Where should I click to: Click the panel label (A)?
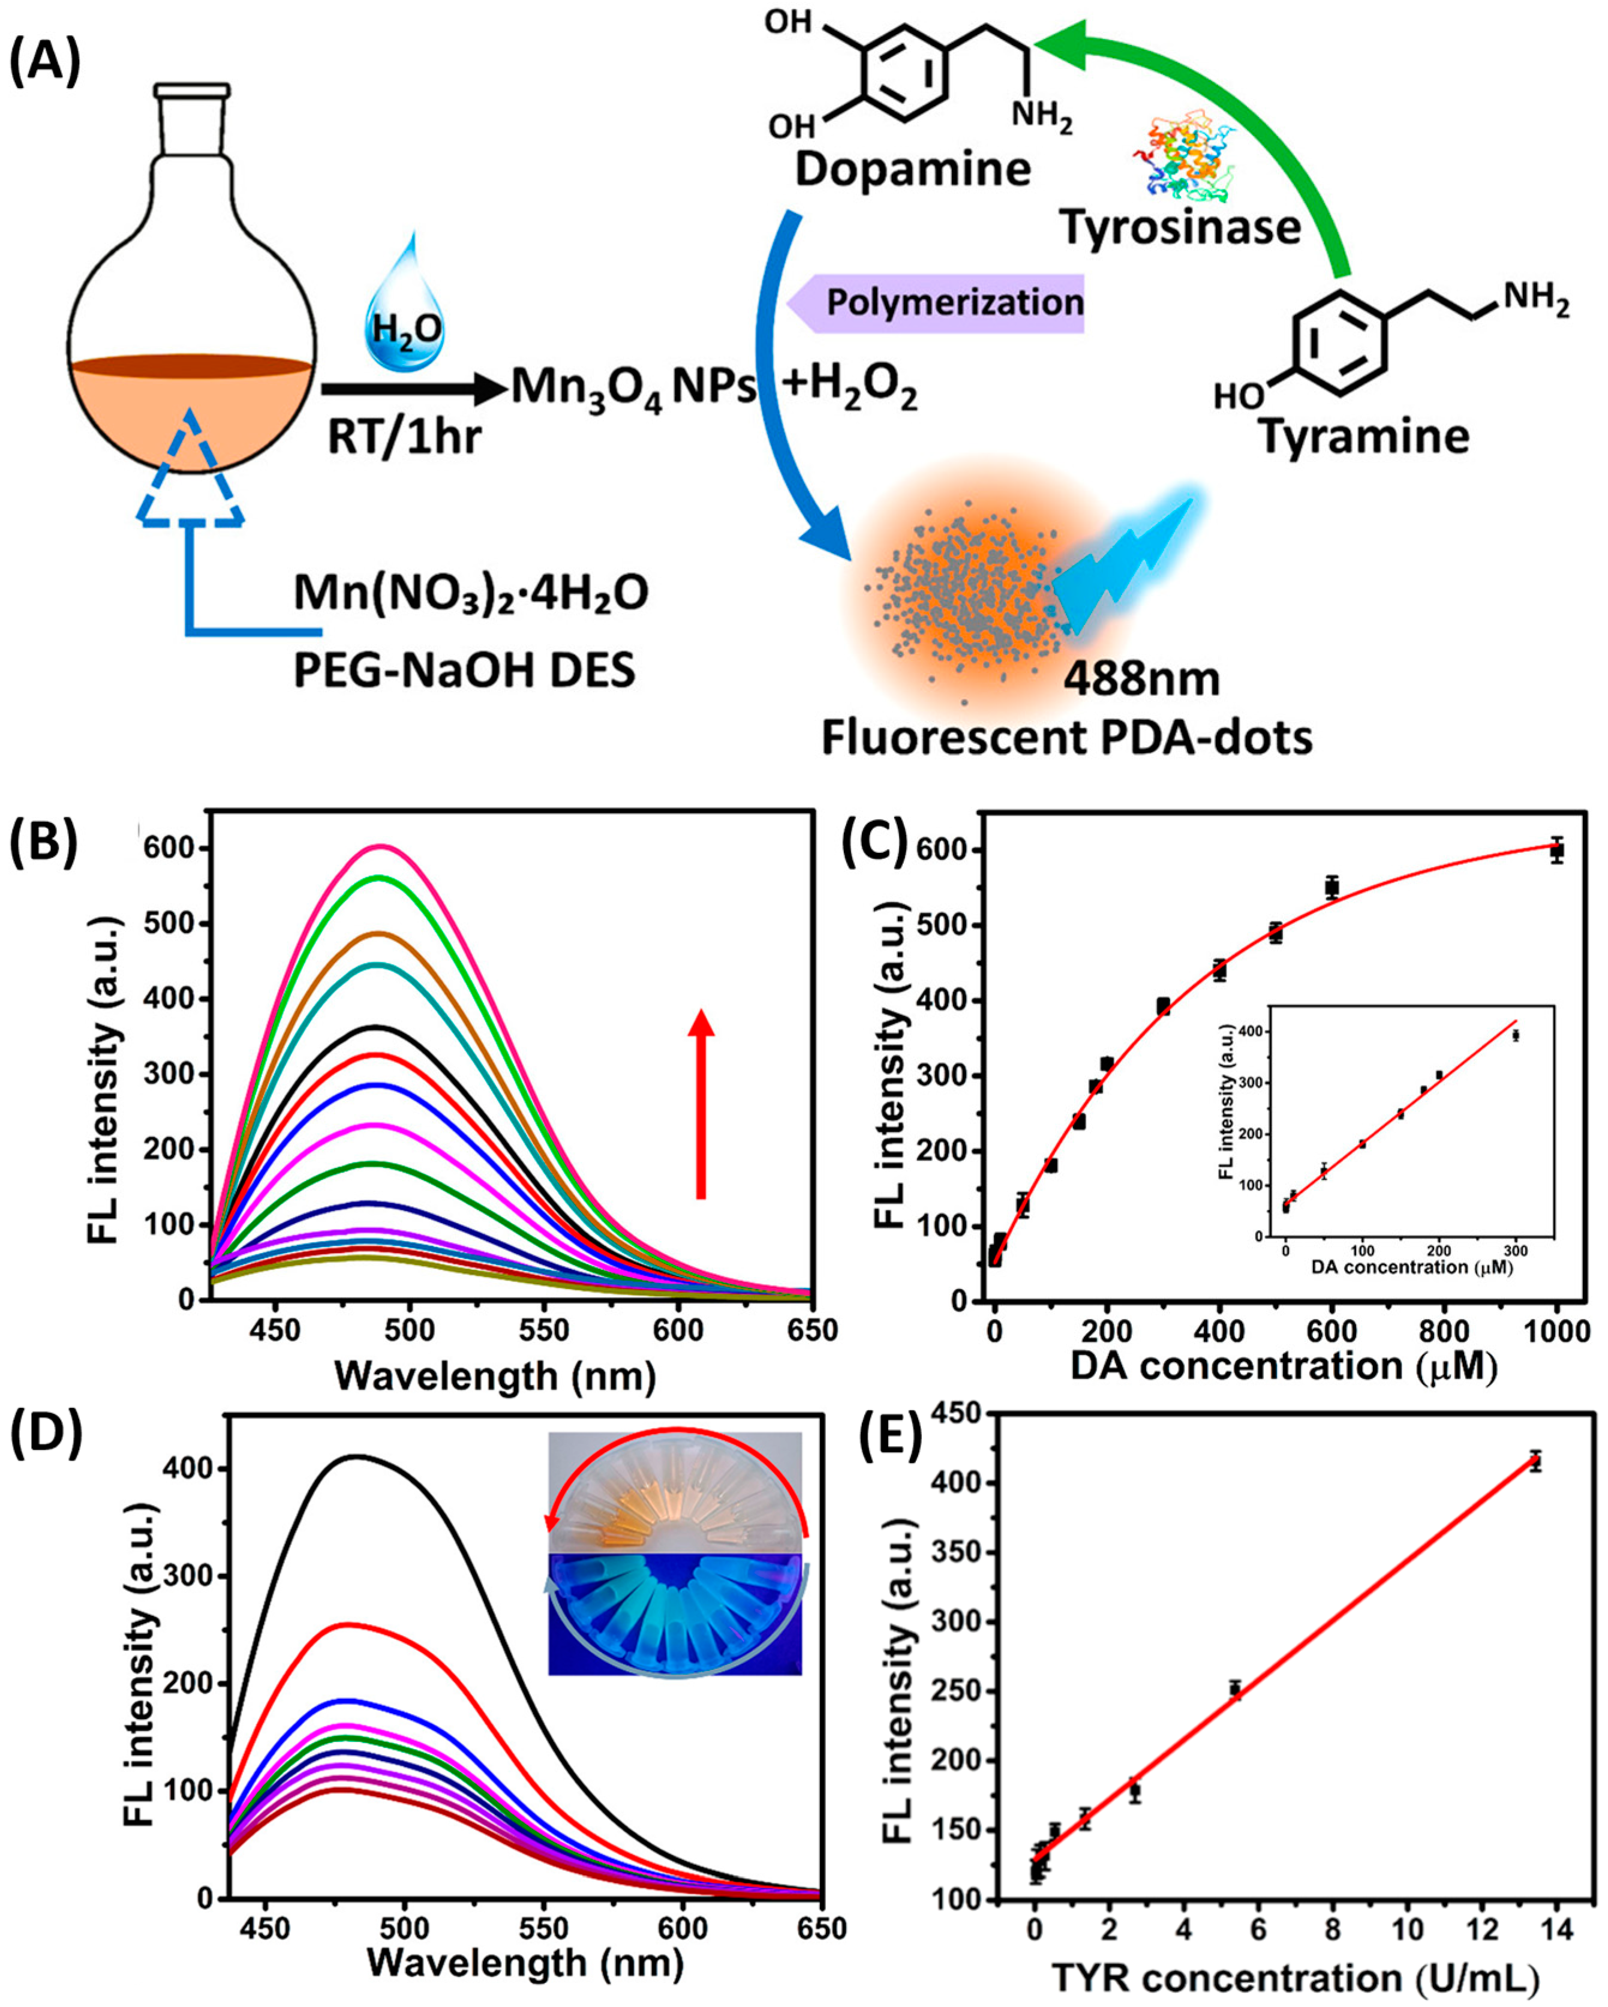44,64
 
